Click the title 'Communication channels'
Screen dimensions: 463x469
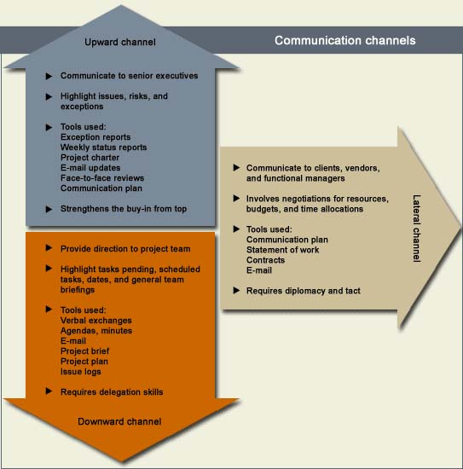pos(344,40)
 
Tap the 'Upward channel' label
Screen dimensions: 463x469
pos(120,42)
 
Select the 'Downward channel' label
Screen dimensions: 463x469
pos(119,421)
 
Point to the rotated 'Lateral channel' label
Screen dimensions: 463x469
pos(416,229)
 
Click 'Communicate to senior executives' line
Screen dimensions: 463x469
pos(130,76)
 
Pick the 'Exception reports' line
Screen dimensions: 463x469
pos(95,137)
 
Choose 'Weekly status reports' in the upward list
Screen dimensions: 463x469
pos(103,148)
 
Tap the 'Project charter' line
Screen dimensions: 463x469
pos(90,158)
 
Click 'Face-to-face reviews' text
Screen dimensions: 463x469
pos(102,178)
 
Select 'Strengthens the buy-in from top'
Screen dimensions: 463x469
pos(124,208)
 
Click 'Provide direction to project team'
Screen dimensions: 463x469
pos(125,249)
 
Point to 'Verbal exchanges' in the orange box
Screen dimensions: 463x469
pos(96,321)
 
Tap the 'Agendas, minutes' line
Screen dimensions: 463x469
pos(96,331)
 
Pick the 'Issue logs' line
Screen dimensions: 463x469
pos(81,372)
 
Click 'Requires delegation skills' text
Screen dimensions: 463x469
pos(112,392)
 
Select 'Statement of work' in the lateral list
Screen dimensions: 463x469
pos(282,250)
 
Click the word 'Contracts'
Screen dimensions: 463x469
pos(265,260)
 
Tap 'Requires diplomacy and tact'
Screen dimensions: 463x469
pos(304,291)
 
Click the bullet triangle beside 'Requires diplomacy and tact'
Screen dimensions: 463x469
pos(236,290)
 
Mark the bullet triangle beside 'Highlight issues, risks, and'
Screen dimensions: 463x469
pos(49,96)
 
